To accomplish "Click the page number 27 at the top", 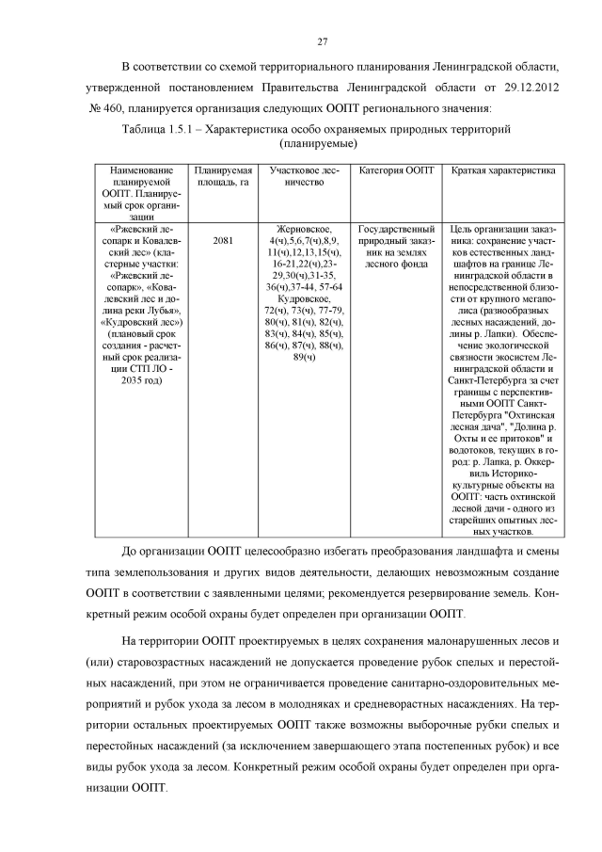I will [x=322, y=42].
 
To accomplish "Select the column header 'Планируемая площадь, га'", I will [x=223, y=177].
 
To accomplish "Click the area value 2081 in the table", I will [x=223, y=240].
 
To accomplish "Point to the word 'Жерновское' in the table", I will [x=303, y=229].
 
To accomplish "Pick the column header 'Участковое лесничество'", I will [x=303, y=177].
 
